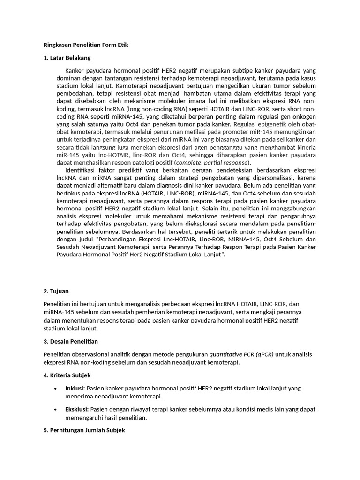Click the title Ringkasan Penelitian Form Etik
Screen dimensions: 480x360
tap(85, 45)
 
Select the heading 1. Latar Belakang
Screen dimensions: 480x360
tap(67, 58)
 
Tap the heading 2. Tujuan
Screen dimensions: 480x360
tap(56, 291)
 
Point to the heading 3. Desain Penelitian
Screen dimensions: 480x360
tap(71, 341)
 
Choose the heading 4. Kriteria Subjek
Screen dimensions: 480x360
tap(67, 375)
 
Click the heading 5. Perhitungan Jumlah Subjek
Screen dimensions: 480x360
tap(84, 430)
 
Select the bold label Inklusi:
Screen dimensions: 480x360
tap(75, 388)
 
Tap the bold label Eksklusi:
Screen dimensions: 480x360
tap(77, 409)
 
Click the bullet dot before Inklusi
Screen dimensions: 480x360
tap(55, 389)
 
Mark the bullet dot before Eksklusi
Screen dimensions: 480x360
tap(55, 410)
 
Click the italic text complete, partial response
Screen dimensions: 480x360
tap(212, 162)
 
